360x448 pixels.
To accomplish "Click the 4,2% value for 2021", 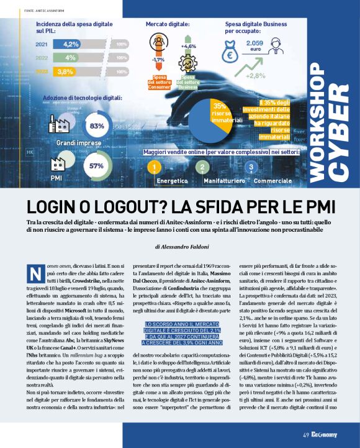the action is click(71, 44).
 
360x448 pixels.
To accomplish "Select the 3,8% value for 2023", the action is click(64, 71).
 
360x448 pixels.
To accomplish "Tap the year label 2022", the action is click(42, 58).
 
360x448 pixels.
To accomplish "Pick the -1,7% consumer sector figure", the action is click(157, 60).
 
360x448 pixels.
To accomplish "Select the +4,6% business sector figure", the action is click(188, 46).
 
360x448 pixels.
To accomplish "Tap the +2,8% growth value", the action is click(255, 76).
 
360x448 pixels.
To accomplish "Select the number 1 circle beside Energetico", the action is click(152, 168).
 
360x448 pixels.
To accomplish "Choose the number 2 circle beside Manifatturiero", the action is click(202, 168).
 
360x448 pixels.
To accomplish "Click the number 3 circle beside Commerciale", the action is click(250, 168).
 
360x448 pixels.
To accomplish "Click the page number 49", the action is click(306, 434).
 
